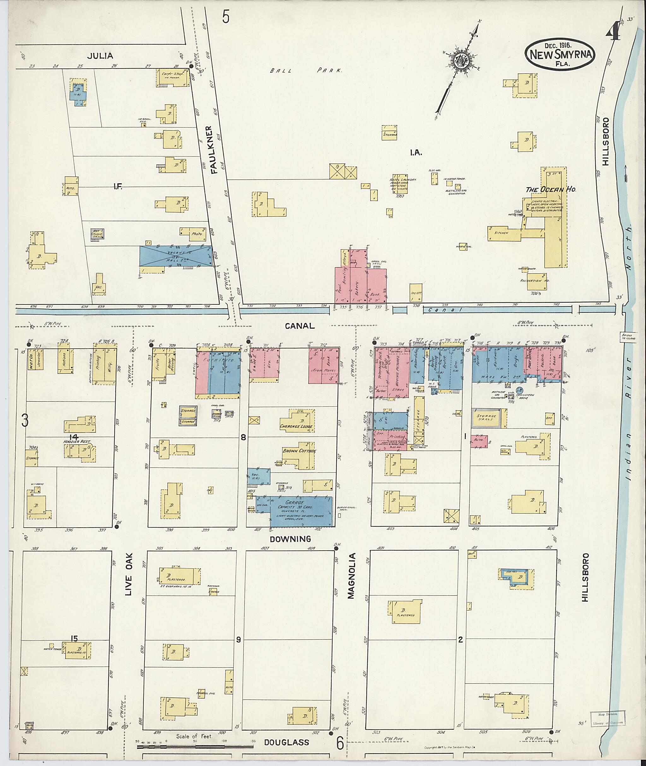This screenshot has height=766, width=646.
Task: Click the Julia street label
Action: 100,56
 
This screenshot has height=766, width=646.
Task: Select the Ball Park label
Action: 306,70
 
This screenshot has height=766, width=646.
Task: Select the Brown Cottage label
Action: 299,451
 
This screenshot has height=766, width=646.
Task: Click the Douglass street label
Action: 287,742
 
